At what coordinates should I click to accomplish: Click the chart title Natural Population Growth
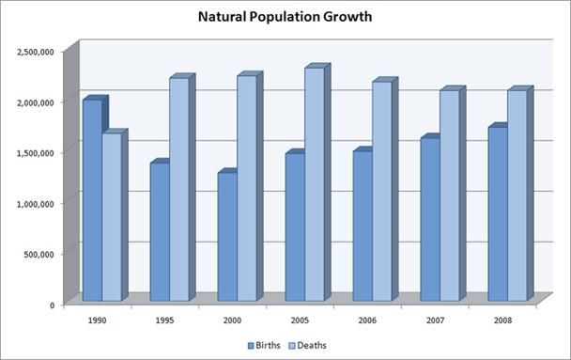click(x=285, y=17)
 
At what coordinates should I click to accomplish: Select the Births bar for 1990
click(x=91, y=201)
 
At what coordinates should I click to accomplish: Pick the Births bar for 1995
click(x=159, y=233)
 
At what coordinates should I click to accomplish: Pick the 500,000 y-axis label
click(x=41, y=254)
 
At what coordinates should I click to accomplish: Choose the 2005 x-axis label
click(x=301, y=320)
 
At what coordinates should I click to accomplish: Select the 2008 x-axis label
click(x=504, y=320)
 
